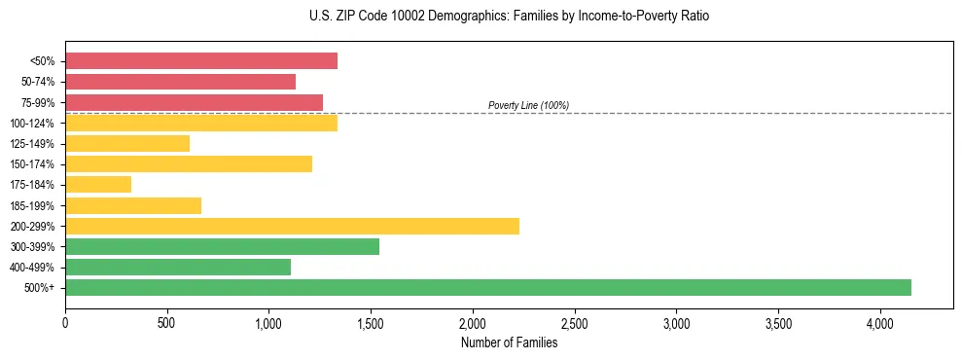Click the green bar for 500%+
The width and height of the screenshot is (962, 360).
click(x=488, y=287)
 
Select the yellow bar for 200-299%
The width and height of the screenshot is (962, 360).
click(x=292, y=226)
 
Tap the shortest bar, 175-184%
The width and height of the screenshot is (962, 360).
click(x=98, y=184)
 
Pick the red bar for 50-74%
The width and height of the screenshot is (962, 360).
click(x=180, y=82)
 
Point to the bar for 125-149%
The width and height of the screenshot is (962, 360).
click(x=127, y=143)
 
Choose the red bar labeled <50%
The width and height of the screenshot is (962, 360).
click(x=201, y=61)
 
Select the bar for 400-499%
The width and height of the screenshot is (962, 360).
click(x=178, y=267)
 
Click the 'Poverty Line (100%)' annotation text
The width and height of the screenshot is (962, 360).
click(x=528, y=105)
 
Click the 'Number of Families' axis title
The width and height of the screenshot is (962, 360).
click(x=509, y=342)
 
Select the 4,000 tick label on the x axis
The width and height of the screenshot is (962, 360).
click(x=879, y=323)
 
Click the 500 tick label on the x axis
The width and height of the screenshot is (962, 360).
click(x=167, y=323)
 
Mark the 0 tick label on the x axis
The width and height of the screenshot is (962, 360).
click(x=65, y=323)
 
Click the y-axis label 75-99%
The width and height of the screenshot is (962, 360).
click(x=40, y=102)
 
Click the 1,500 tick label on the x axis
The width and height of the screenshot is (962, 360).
click(x=371, y=323)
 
